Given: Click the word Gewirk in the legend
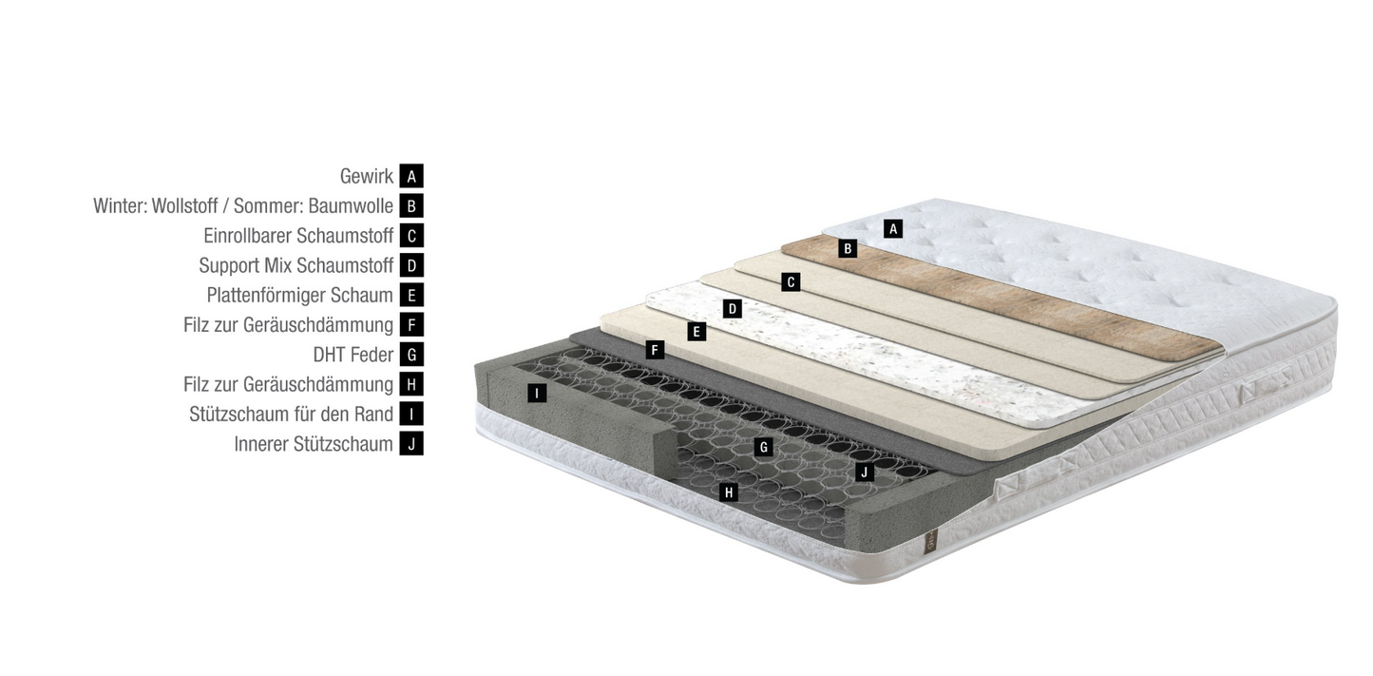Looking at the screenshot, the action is pyautogui.click(x=367, y=176).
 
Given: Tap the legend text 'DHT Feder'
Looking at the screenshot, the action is pyautogui.click(x=353, y=355).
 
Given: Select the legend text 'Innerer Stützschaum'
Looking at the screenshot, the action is pyautogui.click(x=314, y=443).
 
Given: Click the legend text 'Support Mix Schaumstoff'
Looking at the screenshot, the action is pyautogui.click(x=296, y=265).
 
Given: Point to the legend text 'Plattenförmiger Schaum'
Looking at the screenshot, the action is pyautogui.click(x=299, y=295).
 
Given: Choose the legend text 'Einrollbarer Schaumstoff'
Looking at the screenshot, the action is pyautogui.click(x=298, y=236).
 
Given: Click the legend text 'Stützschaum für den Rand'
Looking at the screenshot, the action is pyautogui.click(x=291, y=415).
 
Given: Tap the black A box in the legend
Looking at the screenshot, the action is pyautogui.click(x=411, y=176).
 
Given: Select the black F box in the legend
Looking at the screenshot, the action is pyautogui.click(x=411, y=324).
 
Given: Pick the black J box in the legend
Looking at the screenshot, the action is pyautogui.click(x=411, y=443).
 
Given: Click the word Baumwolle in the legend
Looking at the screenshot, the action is pyautogui.click(x=352, y=206).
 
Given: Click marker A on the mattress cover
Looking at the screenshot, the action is pyautogui.click(x=893, y=229).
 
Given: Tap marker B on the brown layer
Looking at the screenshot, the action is pyautogui.click(x=848, y=248).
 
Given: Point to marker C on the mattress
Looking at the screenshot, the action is pyautogui.click(x=791, y=282).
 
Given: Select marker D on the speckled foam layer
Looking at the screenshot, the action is pyautogui.click(x=733, y=309).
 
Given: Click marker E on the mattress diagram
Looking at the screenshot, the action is pyautogui.click(x=696, y=332).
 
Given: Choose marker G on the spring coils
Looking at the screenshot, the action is pyautogui.click(x=764, y=447).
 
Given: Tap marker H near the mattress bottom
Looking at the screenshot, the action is pyautogui.click(x=729, y=492).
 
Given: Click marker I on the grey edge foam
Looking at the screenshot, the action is pyautogui.click(x=537, y=394).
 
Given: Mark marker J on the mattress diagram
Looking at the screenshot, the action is pyautogui.click(x=865, y=472).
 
